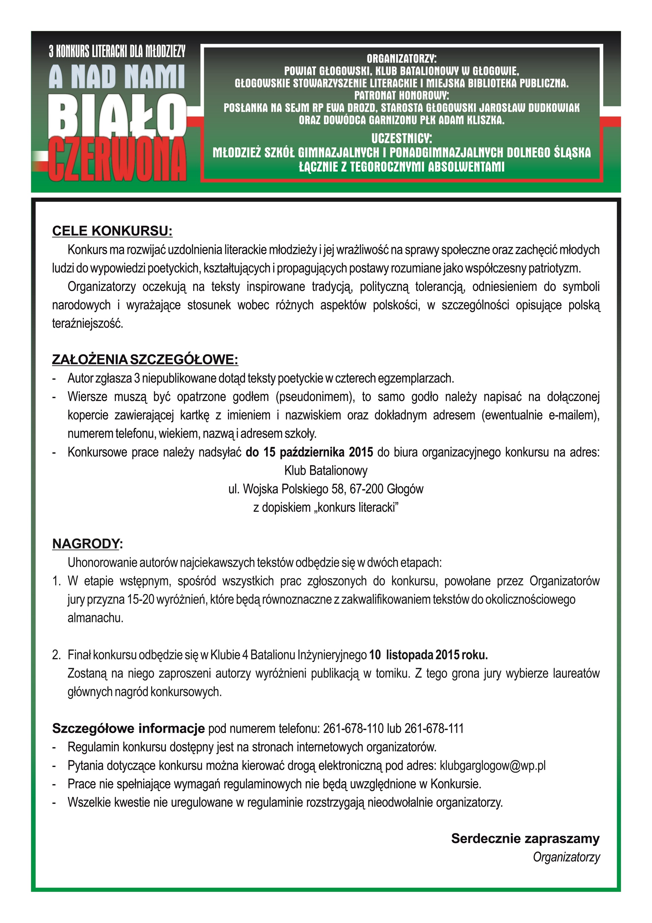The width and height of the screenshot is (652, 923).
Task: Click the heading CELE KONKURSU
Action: [112, 231]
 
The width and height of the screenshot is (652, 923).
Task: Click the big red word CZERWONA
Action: [118, 160]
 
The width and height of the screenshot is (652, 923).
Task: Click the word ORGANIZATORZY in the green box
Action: [401, 59]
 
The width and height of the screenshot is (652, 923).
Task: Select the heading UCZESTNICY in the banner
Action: [401, 138]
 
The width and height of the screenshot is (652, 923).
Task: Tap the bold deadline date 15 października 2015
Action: [309, 452]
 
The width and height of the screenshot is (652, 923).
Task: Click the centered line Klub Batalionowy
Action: [326, 470]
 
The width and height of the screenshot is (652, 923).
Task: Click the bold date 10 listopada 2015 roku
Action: [428, 655]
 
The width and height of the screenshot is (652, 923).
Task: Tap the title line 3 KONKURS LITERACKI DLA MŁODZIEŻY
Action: [117, 51]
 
